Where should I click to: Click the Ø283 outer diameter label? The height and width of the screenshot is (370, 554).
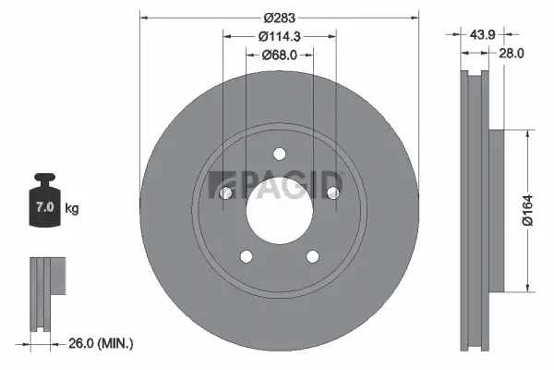(278, 18)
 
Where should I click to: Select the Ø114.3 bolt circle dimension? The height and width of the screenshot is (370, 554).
(278, 35)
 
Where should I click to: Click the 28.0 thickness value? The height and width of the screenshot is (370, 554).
(511, 54)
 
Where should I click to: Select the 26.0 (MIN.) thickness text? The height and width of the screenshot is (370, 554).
(101, 344)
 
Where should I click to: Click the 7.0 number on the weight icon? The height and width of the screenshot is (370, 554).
(43, 208)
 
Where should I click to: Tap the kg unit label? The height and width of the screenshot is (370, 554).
(71, 209)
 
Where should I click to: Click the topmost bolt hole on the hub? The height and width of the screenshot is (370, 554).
(279, 154)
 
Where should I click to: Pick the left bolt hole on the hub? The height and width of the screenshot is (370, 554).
(226, 192)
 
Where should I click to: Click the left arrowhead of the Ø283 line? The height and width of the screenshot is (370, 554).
(142, 18)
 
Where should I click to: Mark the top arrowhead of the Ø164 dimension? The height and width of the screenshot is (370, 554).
(527, 132)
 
